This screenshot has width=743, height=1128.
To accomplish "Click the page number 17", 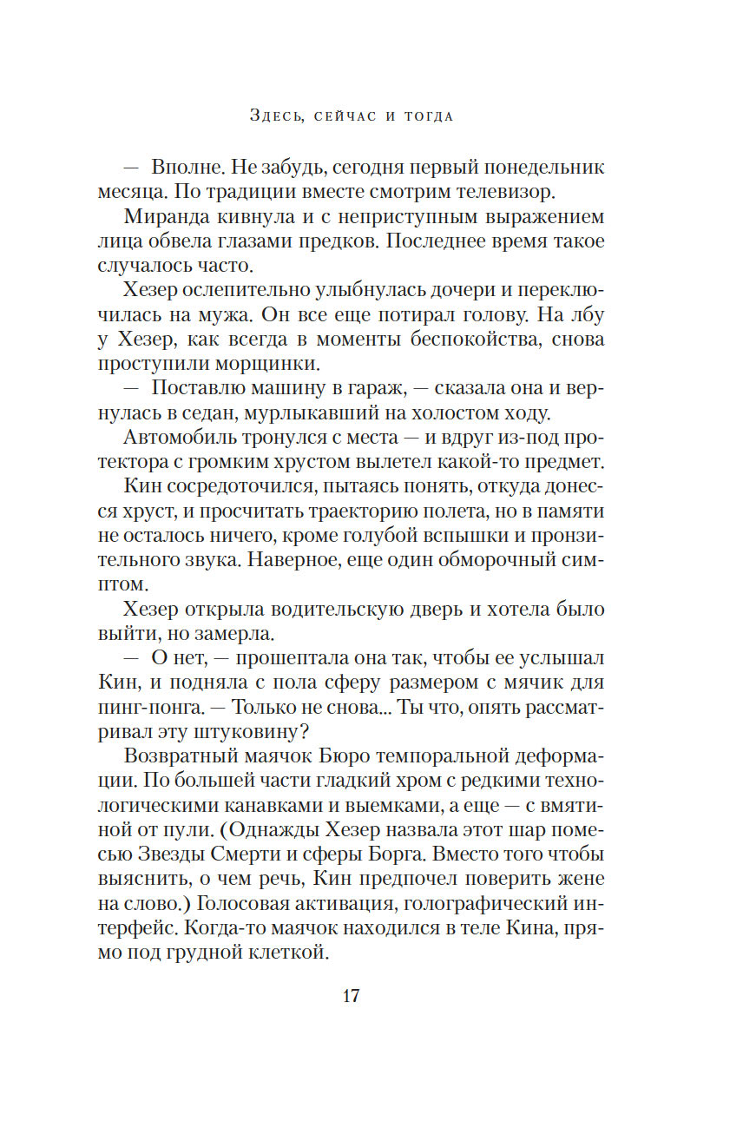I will click(350, 996).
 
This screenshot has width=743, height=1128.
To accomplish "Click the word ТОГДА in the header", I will click(429, 116).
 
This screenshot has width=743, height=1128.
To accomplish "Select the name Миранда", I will click(167, 216).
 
